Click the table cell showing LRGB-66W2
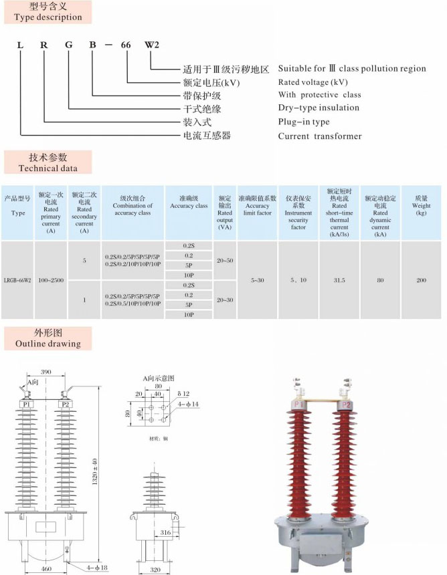(x=17, y=279)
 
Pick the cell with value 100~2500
(x=51, y=279)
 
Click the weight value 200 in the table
(x=421, y=279)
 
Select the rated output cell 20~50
(x=225, y=259)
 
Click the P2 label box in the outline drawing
(x=65, y=405)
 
